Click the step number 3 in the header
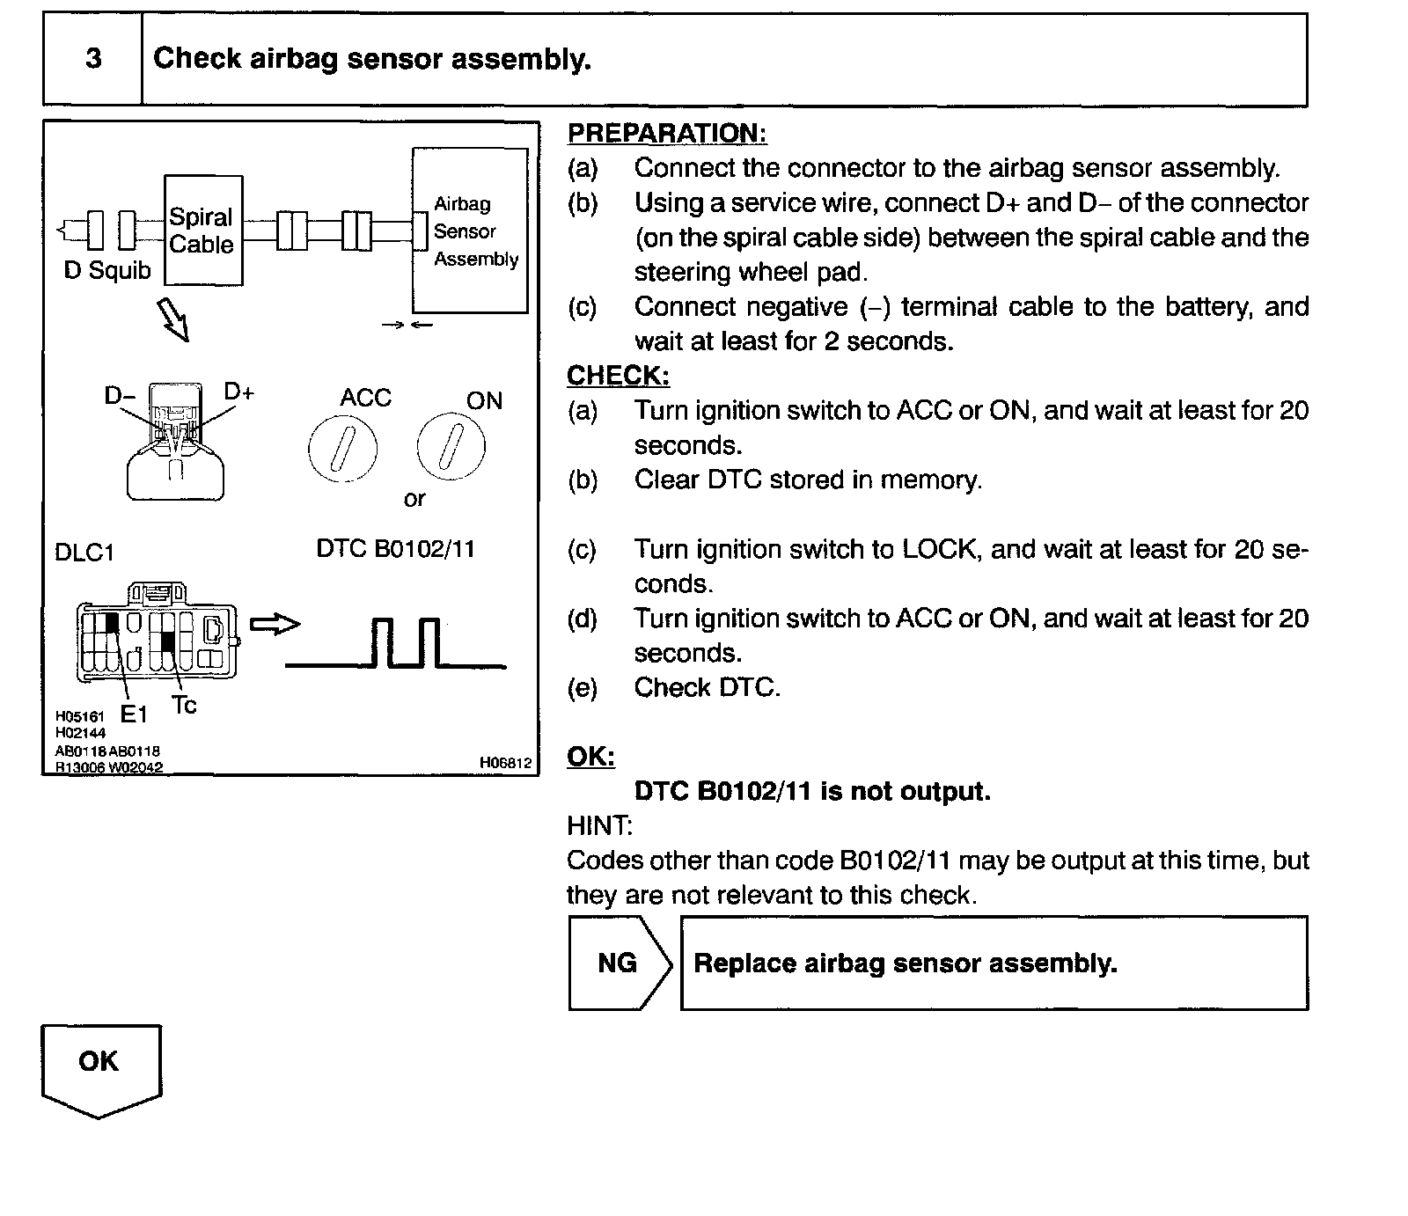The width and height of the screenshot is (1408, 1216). [93, 59]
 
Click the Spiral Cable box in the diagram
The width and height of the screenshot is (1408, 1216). [202, 231]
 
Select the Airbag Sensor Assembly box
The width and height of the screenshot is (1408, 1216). [471, 231]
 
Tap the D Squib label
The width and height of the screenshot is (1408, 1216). [107, 270]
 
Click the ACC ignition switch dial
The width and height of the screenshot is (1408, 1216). [342, 449]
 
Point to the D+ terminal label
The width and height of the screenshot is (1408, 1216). [238, 392]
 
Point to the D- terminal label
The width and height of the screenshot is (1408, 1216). [120, 396]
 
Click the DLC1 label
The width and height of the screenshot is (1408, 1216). [84, 553]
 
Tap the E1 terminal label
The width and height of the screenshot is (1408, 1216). [133, 714]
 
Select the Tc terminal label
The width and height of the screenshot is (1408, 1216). [184, 705]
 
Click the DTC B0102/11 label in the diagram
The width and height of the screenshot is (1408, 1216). [395, 549]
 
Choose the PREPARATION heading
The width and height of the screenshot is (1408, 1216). [666, 134]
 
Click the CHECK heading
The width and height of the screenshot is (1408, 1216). [618, 376]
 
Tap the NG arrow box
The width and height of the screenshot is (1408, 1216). [619, 963]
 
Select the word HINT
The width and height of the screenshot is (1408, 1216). [599, 825]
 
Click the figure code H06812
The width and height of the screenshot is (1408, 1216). [505, 763]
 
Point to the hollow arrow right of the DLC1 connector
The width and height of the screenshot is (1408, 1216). [275, 624]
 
